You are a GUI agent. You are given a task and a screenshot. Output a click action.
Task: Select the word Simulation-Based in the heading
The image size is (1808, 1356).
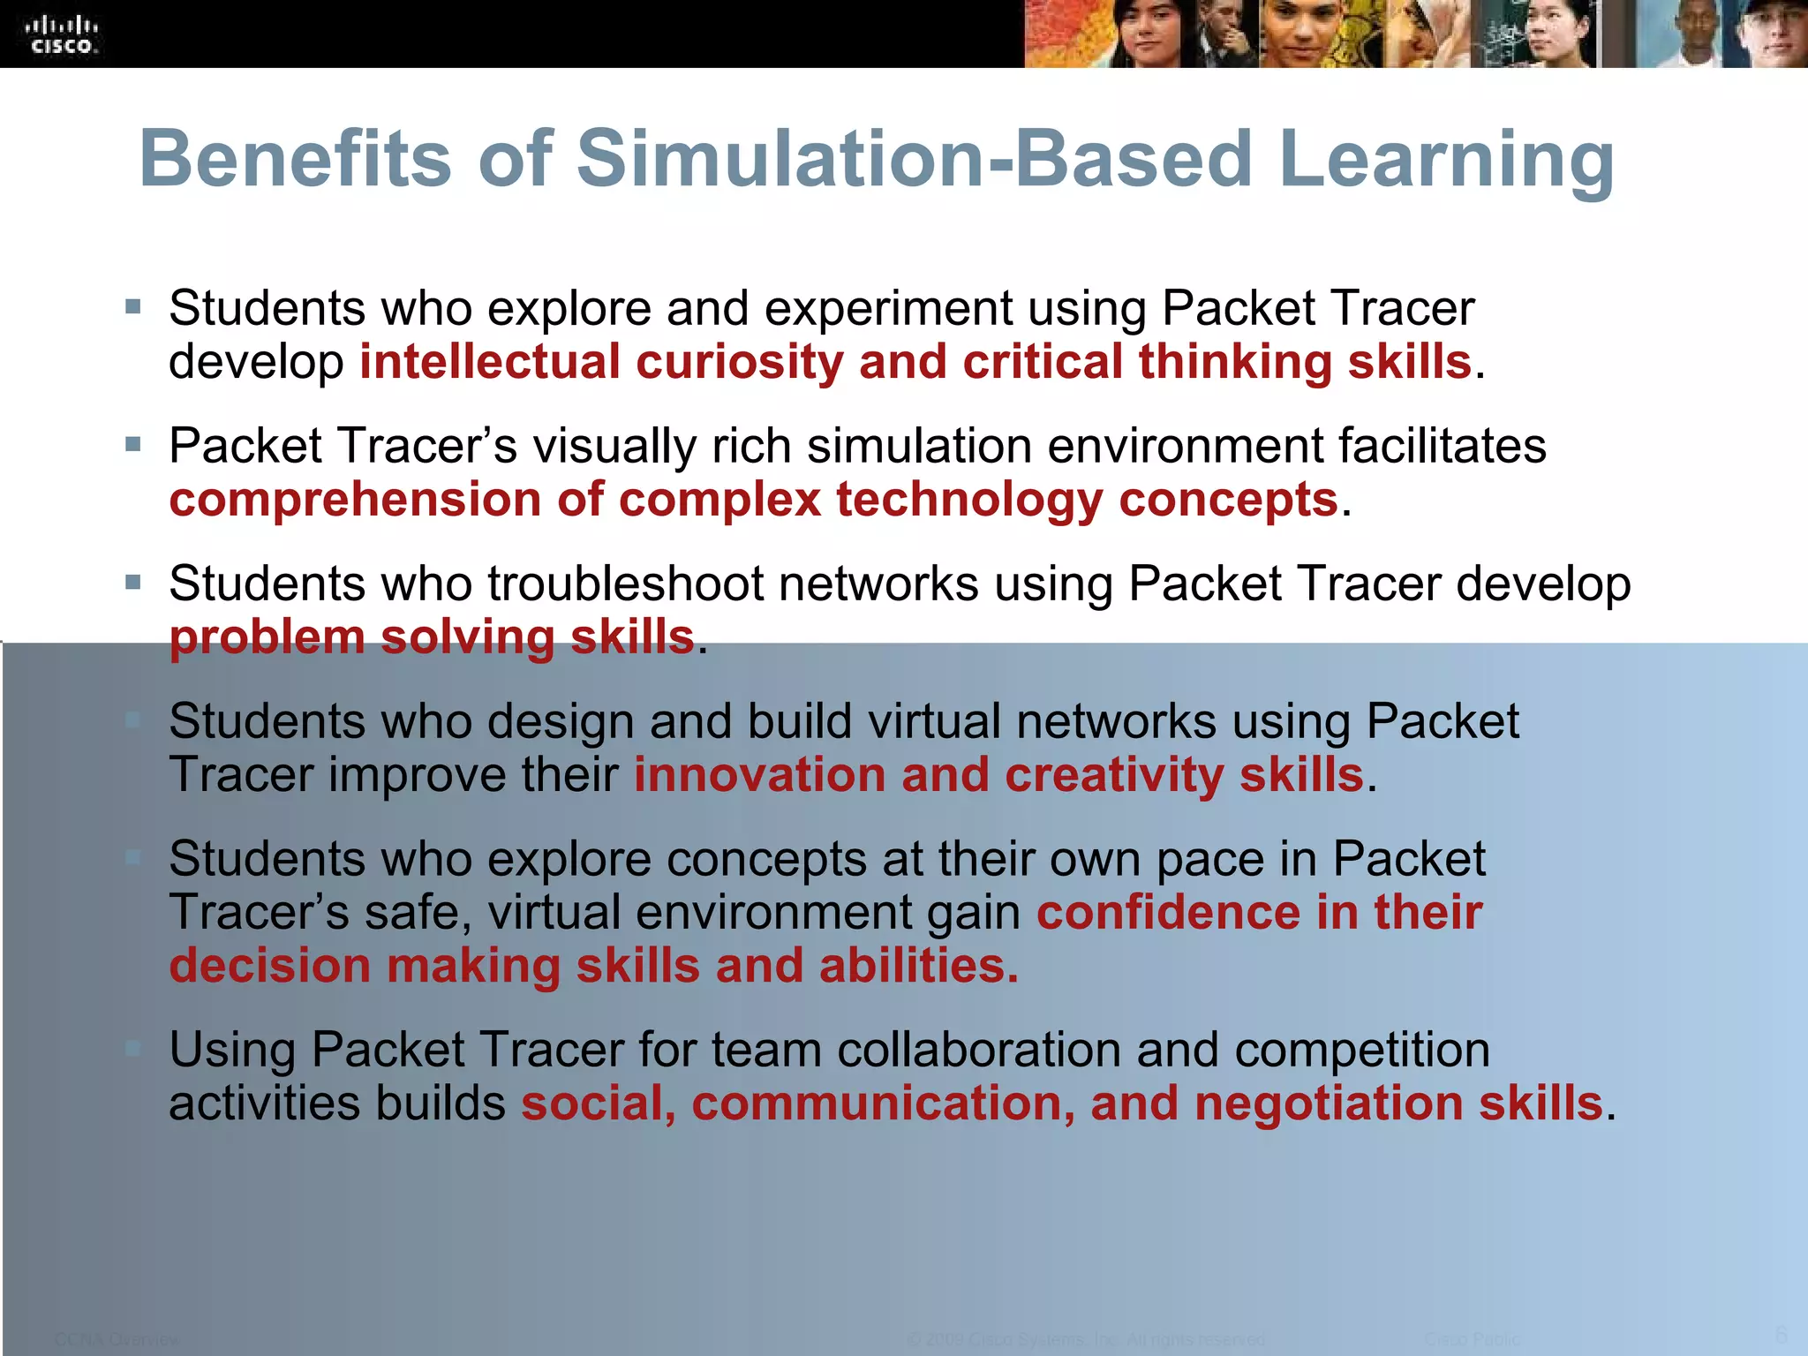point(914,159)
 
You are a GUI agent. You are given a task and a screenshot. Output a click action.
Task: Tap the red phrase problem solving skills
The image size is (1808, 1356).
point(432,637)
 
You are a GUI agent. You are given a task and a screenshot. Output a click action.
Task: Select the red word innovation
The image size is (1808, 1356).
point(759,775)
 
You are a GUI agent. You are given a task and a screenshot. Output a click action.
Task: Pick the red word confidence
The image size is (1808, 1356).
point(1168,913)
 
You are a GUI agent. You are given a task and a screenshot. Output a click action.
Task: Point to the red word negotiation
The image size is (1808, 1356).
point(1329,1104)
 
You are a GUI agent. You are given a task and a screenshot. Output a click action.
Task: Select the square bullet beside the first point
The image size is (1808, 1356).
point(133,307)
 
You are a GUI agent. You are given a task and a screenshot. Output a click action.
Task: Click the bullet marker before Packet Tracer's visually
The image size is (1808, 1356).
point(133,444)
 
